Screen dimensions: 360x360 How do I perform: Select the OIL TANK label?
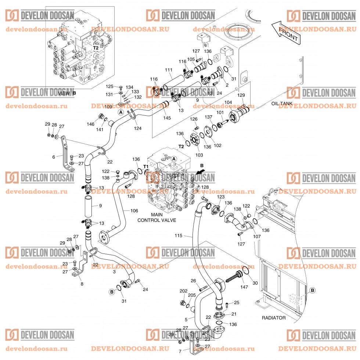click(282, 104)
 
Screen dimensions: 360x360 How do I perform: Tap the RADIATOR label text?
click(273, 318)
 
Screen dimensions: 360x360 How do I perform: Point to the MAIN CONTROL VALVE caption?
click(157, 217)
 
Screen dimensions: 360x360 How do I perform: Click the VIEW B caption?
click(67, 93)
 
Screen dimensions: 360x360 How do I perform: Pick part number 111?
click(168, 70)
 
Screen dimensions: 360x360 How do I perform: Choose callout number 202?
click(183, 291)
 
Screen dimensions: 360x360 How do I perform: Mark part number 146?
click(91, 125)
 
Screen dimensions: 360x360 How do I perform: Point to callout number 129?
click(241, 95)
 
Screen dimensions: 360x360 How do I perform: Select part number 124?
click(137, 128)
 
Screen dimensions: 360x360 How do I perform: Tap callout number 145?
click(167, 118)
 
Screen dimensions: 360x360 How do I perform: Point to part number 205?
click(192, 295)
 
